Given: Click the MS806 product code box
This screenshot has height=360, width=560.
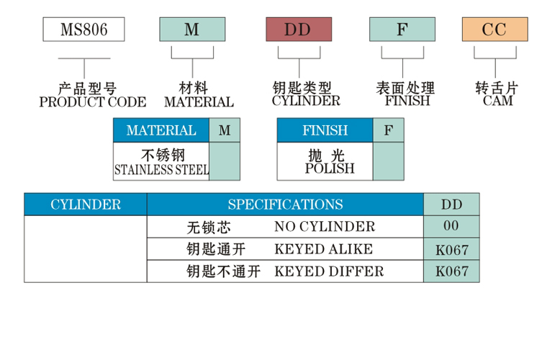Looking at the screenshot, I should coord(83,30).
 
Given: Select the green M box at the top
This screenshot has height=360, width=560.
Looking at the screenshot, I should coord(191,30).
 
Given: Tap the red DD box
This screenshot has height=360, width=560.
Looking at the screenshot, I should coord(298,30).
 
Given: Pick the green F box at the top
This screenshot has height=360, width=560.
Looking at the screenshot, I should coord(402,30).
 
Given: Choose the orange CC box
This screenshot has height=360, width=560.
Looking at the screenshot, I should coord(494,30).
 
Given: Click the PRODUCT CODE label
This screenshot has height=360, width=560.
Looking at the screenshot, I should coord(92,102).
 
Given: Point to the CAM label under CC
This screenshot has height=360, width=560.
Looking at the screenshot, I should coord(497,102).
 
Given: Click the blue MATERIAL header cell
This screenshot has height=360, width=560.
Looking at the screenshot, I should coord(161,130).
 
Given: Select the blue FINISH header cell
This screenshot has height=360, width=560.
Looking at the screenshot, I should coord(325,130).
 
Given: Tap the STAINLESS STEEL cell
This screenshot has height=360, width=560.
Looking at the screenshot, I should coord(161,162).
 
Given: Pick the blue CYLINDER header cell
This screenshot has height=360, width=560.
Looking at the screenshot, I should coord(86,204).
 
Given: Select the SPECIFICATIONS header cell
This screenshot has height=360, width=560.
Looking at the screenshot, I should coord(285,204).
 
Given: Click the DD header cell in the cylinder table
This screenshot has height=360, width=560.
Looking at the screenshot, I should coord(451,204).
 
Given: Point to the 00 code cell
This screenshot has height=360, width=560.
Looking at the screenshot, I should coord(451,226).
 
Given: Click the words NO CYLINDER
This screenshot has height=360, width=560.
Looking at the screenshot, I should coord(325,227).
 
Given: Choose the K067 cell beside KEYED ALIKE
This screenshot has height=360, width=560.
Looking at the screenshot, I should coord(451,249).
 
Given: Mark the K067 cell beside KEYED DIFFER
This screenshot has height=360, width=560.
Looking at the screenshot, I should coord(451,271).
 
